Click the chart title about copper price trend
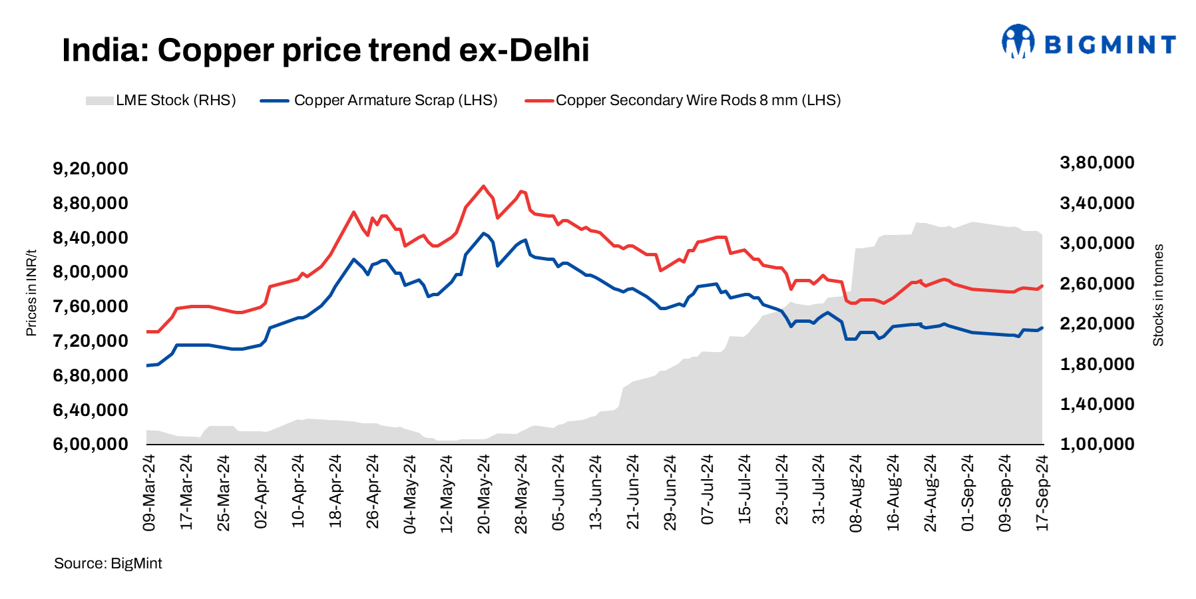325,50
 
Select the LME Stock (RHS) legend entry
161,100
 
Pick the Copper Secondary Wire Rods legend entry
683,100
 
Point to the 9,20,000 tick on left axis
91,168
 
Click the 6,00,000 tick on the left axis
91,444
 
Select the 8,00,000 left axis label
91,272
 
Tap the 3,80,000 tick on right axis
1097,162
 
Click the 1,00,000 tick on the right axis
1097,444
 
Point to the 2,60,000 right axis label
1097,284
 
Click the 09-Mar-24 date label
149,493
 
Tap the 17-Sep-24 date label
1042,493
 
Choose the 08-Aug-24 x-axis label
856,493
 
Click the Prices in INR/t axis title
31,293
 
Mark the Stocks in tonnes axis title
1158,295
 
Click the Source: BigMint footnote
108,564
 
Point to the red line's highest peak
483,186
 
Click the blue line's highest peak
483,233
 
